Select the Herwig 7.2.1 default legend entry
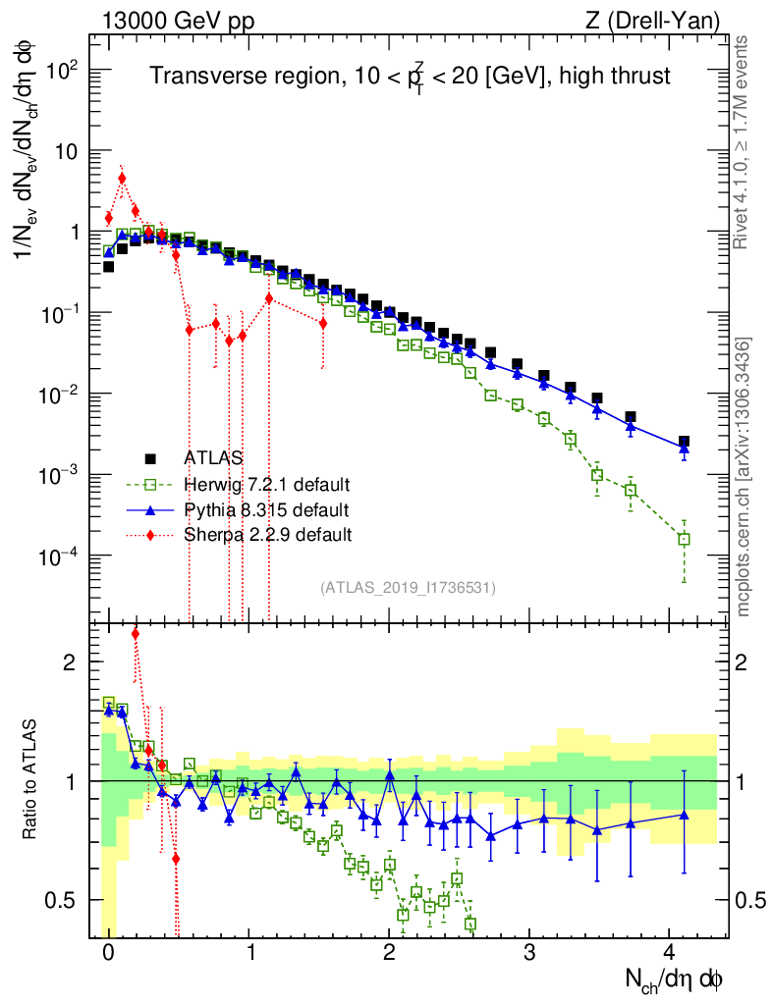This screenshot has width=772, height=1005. click(x=266, y=484)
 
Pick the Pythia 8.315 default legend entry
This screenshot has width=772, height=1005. click(x=266, y=509)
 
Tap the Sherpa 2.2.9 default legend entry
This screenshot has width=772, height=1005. click(x=267, y=535)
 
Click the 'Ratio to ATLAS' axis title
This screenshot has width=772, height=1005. click(x=32, y=780)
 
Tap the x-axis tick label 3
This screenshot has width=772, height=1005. click(x=529, y=952)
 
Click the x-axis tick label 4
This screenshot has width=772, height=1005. click(x=670, y=952)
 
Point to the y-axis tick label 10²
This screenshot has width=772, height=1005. click(x=63, y=71)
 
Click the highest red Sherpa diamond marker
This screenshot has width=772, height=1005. click(x=122, y=179)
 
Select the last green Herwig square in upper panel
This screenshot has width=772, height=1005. click(x=684, y=539)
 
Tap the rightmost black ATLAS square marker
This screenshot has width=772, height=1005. click(x=684, y=442)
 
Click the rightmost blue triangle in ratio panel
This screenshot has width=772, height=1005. click(x=684, y=814)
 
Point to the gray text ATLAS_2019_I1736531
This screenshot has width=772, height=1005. click(x=408, y=588)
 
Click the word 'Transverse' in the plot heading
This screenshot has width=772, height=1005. click(x=193, y=77)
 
